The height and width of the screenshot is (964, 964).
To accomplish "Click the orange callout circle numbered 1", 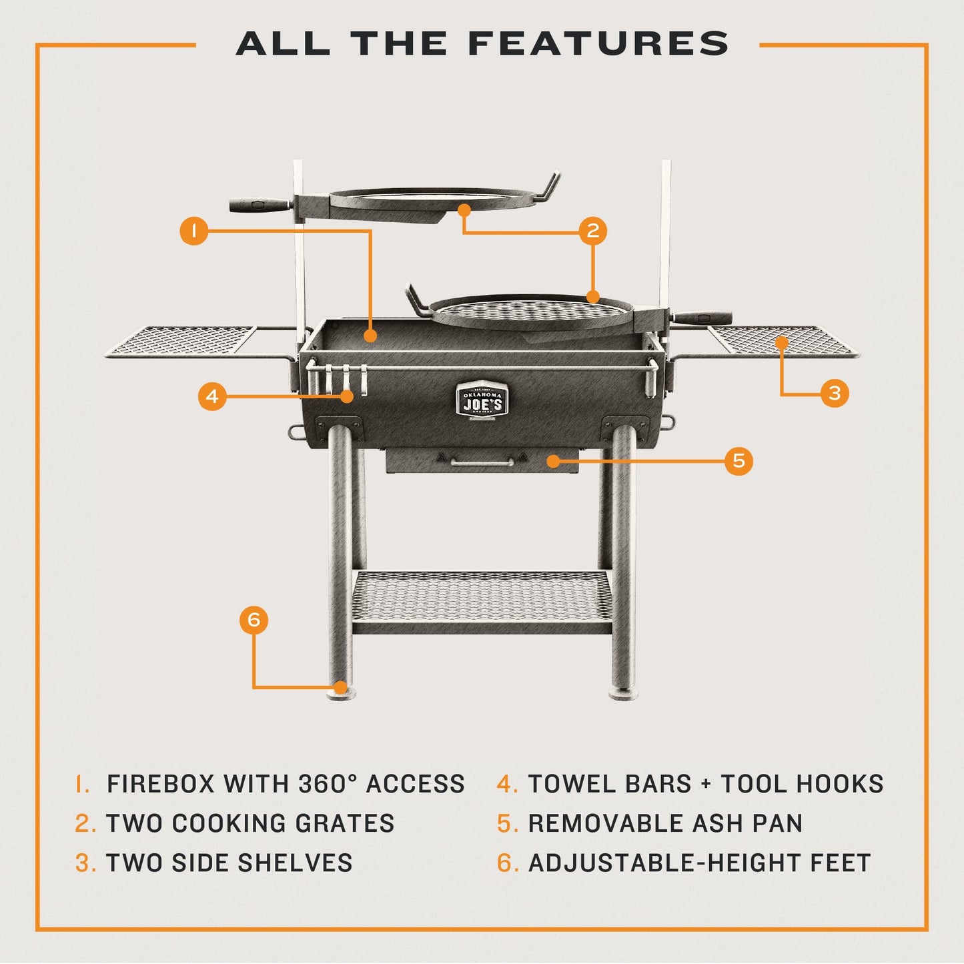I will (193, 231).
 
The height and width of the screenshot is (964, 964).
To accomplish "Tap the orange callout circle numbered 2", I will (592, 231).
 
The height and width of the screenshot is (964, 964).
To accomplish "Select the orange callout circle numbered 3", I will (835, 393).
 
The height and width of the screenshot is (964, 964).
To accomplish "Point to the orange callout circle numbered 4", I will (212, 396).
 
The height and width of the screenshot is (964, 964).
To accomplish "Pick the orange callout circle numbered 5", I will (739, 460).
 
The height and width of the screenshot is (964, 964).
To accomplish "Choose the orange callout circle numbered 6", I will (254, 620).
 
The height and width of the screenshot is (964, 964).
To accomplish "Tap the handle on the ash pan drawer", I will (482, 462).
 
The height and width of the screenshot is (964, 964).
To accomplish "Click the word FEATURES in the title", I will (598, 44).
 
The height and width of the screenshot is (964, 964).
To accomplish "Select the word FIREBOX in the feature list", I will (161, 783).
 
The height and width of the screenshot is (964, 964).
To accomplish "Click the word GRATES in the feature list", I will (344, 823).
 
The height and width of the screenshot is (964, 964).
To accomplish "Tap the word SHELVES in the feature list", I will (295, 863).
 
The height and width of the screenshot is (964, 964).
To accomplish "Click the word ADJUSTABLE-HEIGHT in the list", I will (664, 863).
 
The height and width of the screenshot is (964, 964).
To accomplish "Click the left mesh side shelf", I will (180, 340).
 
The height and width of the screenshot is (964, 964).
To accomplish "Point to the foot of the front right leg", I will (624, 694).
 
